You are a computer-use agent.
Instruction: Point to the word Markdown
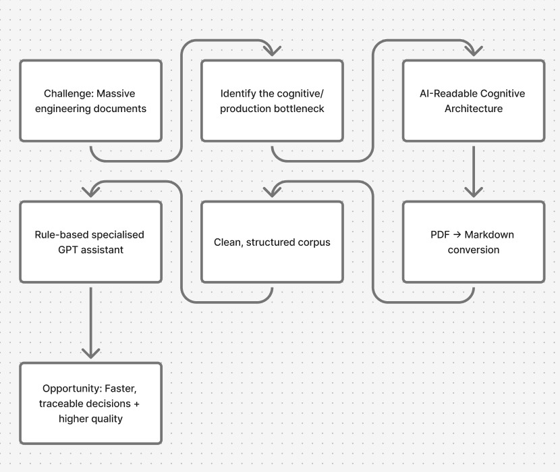click(488, 235)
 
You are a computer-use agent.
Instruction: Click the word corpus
click(313, 242)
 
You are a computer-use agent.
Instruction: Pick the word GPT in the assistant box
click(70, 249)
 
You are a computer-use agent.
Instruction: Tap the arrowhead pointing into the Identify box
click(272, 51)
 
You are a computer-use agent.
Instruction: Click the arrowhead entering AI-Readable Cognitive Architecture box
click(474, 51)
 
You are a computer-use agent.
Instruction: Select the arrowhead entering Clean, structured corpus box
click(272, 191)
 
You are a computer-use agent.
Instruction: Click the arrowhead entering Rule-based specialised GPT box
click(90, 191)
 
